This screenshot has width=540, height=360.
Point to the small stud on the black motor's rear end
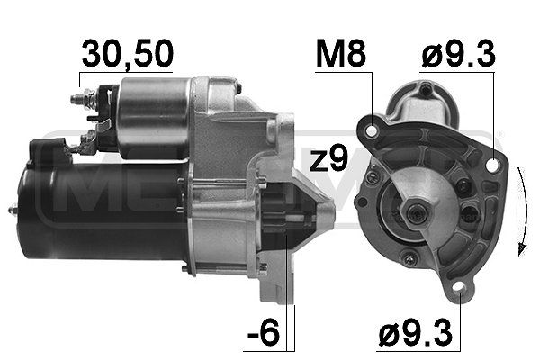[x=13, y=210]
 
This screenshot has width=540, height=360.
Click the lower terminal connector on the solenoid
[x=86, y=140]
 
